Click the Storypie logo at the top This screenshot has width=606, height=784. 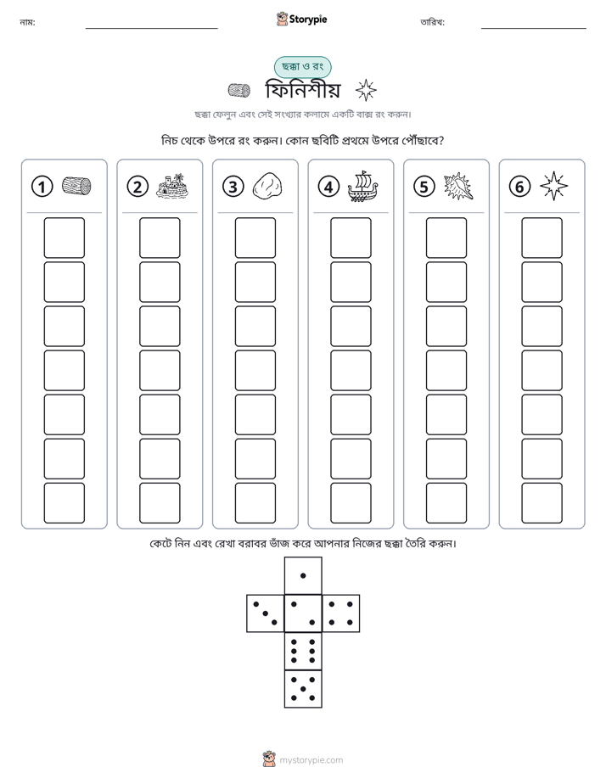pos(301,19)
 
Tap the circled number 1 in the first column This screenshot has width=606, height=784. pos(42,187)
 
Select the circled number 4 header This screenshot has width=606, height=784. pos(328,187)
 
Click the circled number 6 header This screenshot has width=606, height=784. pos(519,187)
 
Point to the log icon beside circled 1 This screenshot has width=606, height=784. pos(76,186)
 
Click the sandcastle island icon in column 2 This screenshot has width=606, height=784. pos(172,186)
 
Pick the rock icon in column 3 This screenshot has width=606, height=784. pos(267,186)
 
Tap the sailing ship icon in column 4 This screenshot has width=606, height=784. pos(363,186)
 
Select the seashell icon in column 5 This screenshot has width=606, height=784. pos(458,186)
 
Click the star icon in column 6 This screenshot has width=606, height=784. pos(554,186)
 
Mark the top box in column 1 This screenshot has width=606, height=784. pos(65,238)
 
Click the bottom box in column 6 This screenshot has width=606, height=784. pos(542,503)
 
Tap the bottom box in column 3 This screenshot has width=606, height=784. pos(255,503)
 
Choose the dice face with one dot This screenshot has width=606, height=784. pos(303,575)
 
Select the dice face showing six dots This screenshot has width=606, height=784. pos(303,651)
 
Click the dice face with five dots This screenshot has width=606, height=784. pos(303,689)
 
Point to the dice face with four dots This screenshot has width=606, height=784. pos(341,613)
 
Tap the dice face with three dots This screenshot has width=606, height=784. pos(266,613)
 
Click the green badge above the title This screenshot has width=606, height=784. pos(302,66)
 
